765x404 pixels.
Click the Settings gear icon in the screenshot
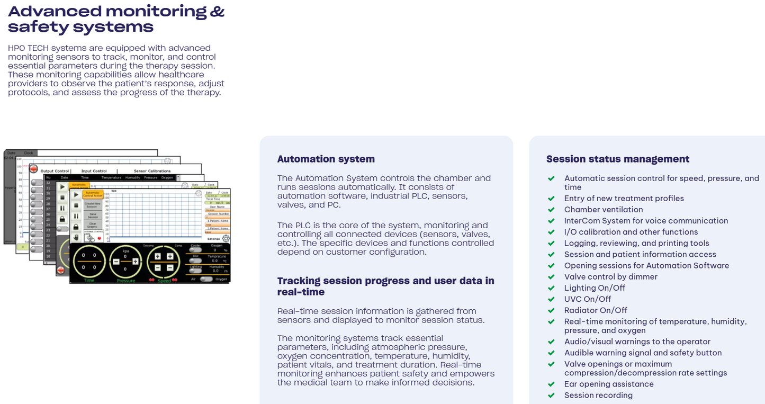[x=226, y=239]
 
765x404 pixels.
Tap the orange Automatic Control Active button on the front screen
[x=93, y=194]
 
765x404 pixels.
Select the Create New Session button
[x=93, y=205]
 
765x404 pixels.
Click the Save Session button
[x=93, y=216]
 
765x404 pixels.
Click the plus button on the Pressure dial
[x=136, y=262]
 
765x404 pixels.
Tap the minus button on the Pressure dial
[x=116, y=262]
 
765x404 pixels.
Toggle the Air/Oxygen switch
[x=206, y=279]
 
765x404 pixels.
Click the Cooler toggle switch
[x=195, y=250]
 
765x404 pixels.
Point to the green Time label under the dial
[x=89, y=281]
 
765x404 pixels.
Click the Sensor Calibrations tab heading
[x=152, y=171]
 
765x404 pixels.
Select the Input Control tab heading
[x=94, y=171]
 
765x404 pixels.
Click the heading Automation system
[x=326, y=159]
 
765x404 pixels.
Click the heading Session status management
[x=617, y=159]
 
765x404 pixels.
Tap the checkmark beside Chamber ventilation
[x=551, y=210]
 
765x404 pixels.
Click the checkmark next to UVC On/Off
[x=551, y=299]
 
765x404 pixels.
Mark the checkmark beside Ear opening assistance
[x=551, y=384]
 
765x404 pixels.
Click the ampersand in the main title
[x=217, y=11]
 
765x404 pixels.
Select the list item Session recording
[x=598, y=395]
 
